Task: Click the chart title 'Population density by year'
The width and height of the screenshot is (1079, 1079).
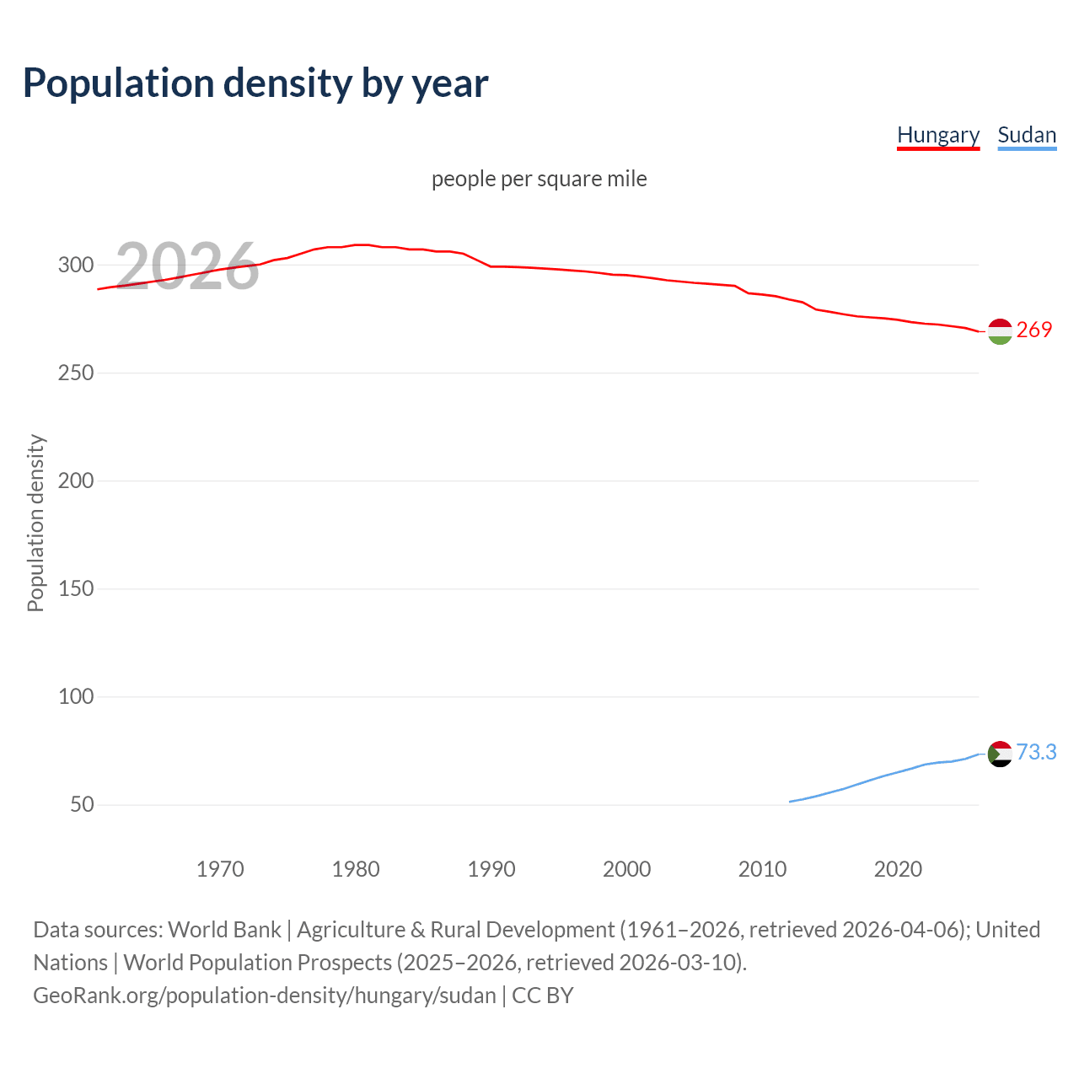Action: [x=255, y=83]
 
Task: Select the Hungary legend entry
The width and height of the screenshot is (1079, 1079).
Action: [x=937, y=135]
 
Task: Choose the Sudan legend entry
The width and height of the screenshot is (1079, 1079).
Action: [x=1026, y=135]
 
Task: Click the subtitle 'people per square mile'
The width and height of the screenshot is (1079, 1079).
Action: [x=539, y=179]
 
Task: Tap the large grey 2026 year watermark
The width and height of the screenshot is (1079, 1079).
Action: [x=187, y=266]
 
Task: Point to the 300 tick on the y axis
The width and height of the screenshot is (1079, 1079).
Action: [x=75, y=265]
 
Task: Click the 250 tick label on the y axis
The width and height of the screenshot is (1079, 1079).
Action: [x=75, y=373]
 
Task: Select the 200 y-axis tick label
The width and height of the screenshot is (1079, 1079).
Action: [x=75, y=480]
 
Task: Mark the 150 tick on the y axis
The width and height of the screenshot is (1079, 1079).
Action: [x=75, y=588]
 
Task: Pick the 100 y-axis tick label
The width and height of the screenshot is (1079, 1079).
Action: [x=75, y=696]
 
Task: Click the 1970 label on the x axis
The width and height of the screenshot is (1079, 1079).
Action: [x=220, y=869]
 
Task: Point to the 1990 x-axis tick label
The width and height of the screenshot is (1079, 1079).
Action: [x=491, y=869]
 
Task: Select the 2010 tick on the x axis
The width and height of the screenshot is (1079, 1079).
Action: [x=762, y=869]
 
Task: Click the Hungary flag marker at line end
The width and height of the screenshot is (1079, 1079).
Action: [x=999, y=331]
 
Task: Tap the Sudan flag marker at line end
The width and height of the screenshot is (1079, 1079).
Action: [x=999, y=754]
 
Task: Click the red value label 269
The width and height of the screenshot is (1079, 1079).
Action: [x=1034, y=330]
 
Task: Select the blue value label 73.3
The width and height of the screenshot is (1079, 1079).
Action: [x=1036, y=752]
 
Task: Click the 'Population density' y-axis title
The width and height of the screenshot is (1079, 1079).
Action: [x=35, y=523]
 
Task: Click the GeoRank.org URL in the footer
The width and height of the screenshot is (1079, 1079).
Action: [x=265, y=996]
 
